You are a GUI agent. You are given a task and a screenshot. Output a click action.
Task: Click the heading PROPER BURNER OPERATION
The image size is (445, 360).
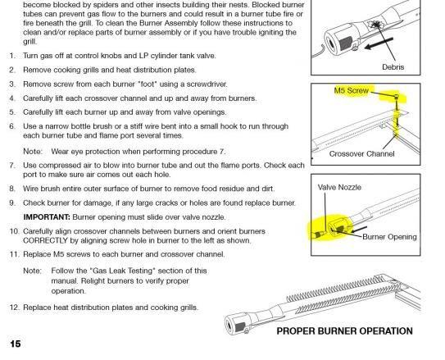click(x=344, y=331)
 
